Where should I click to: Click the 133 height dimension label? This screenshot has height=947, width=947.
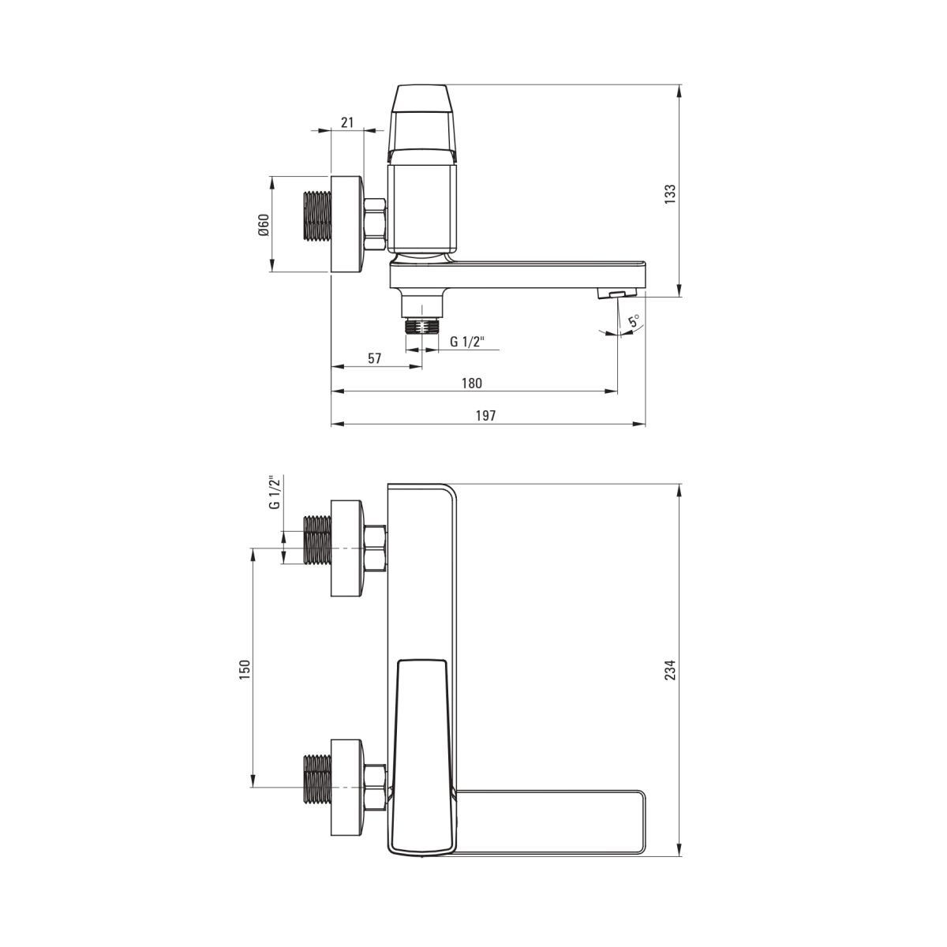(x=670, y=194)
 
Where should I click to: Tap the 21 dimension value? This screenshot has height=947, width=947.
(x=347, y=122)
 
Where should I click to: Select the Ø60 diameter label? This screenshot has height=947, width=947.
(x=264, y=225)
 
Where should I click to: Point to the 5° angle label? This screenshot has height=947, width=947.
(x=634, y=321)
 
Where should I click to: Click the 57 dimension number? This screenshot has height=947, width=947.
(x=375, y=358)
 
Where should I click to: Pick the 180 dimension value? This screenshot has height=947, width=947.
(x=472, y=383)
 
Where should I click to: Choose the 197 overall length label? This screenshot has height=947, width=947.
(x=485, y=415)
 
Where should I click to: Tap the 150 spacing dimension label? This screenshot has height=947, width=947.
(x=244, y=669)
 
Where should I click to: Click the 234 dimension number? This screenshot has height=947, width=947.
(x=670, y=669)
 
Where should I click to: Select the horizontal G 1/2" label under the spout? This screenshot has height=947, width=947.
(x=467, y=341)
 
